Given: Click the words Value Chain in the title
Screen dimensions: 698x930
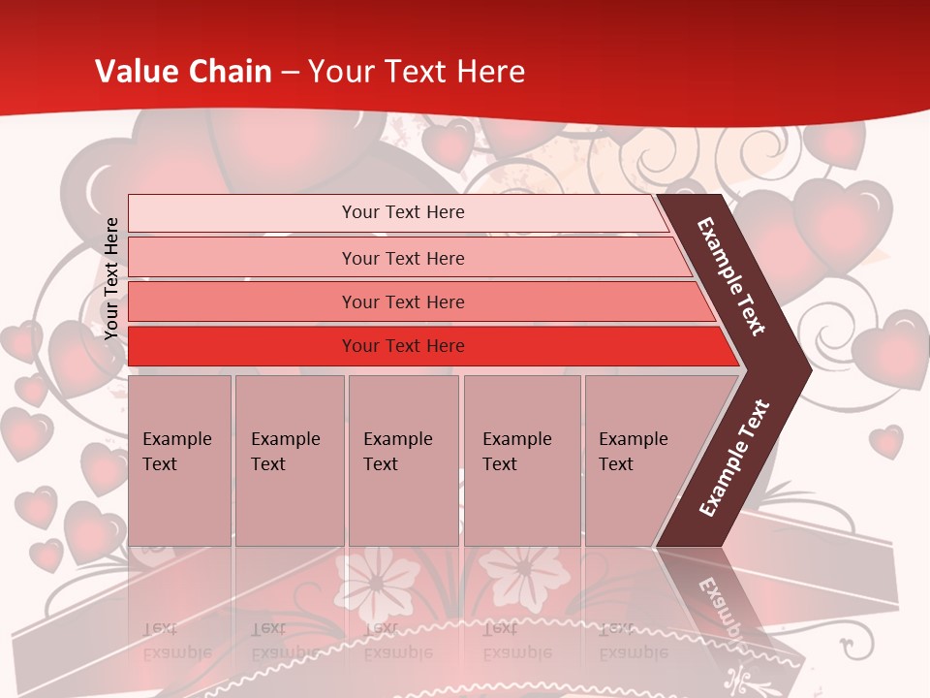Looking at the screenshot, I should coord(183,71).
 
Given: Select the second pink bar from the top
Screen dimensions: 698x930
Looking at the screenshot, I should coord(403,258).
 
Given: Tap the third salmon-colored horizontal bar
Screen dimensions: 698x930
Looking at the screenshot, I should coord(403,302).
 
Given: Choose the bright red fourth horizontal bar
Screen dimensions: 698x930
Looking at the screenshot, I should coord(403,346).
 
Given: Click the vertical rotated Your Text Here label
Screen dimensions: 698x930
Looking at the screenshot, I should coord(111,278).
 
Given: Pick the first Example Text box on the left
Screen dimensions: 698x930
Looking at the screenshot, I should coord(179,460).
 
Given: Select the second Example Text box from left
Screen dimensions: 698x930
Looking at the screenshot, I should coord(289,460).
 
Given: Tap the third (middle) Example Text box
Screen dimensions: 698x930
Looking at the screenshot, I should coord(403,460).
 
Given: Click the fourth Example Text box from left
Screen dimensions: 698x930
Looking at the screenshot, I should coord(521,460).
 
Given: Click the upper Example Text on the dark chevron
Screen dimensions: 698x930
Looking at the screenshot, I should coord(731,276).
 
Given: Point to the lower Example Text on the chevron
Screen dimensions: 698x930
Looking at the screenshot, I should coord(733,458).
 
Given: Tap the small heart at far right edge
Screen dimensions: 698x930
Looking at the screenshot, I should coord(885,441).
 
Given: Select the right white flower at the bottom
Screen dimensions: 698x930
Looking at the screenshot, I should coord(522,573).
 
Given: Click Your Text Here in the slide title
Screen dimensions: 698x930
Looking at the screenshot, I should coord(416,71).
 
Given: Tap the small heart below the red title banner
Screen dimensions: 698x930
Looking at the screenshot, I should coord(449,143).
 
